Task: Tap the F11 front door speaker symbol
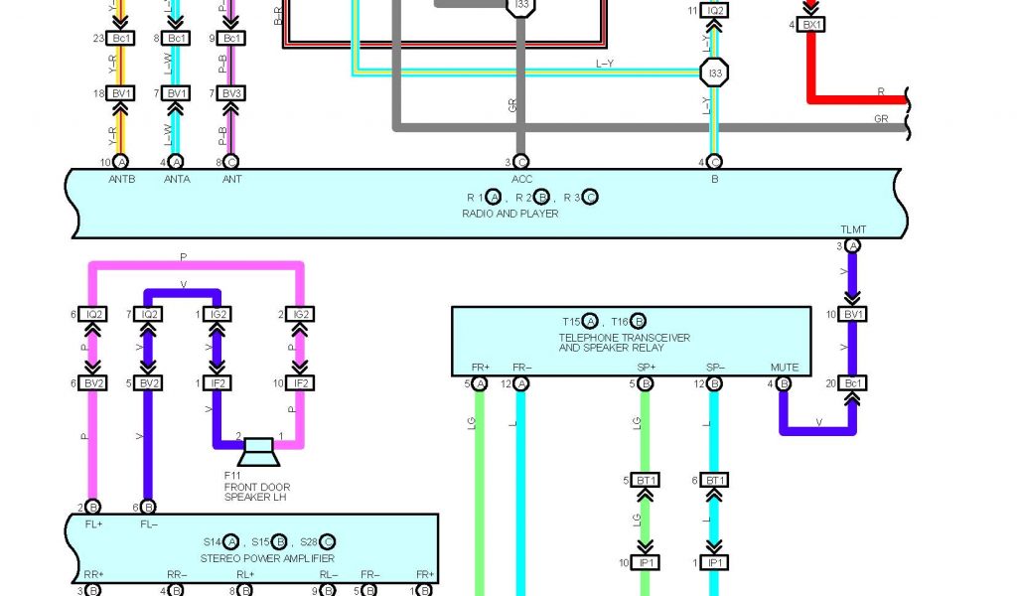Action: [259, 452]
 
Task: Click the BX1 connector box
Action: [811, 25]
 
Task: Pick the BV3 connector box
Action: [230, 93]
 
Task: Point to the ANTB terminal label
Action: [120, 180]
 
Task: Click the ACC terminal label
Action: [521, 180]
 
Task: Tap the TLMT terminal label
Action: [852, 229]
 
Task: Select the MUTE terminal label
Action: [784, 368]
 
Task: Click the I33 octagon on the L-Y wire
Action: [713, 73]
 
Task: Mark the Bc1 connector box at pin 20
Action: [851, 383]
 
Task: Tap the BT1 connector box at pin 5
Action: [647, 481]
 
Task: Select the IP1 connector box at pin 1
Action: [714, 563]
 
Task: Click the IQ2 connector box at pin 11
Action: [713, 11]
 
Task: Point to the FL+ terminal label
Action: [92, 522]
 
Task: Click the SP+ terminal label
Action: [646, 368]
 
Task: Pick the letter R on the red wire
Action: [880, 90]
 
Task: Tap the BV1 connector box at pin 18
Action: [121, 93]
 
